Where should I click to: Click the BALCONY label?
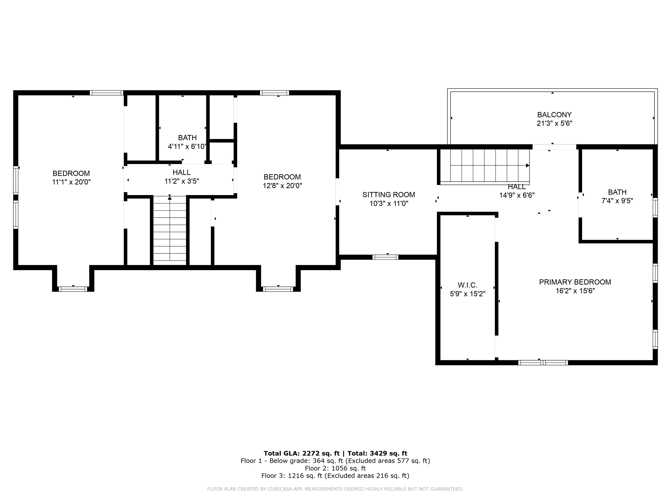554,115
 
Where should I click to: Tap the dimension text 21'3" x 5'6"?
554,123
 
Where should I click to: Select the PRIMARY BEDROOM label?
575,282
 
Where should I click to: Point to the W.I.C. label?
467,285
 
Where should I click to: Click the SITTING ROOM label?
389,195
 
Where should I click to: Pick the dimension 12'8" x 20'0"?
282,186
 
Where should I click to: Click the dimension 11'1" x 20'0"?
71,182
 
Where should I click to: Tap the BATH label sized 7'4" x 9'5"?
617,192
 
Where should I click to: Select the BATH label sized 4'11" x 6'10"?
187,138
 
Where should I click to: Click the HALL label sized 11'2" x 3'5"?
181,172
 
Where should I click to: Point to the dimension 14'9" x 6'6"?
517,195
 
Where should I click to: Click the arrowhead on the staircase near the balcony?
527,165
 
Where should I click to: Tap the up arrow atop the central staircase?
169,198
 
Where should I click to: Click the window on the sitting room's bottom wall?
385,257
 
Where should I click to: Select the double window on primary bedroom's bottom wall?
543,363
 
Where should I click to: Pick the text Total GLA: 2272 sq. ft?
301,453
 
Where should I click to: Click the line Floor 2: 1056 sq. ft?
335,468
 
